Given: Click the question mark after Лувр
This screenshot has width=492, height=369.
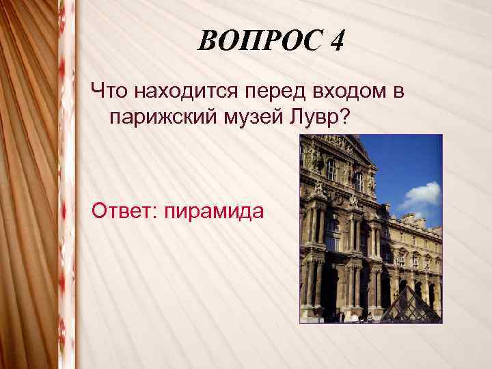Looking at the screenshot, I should pos(346,118).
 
